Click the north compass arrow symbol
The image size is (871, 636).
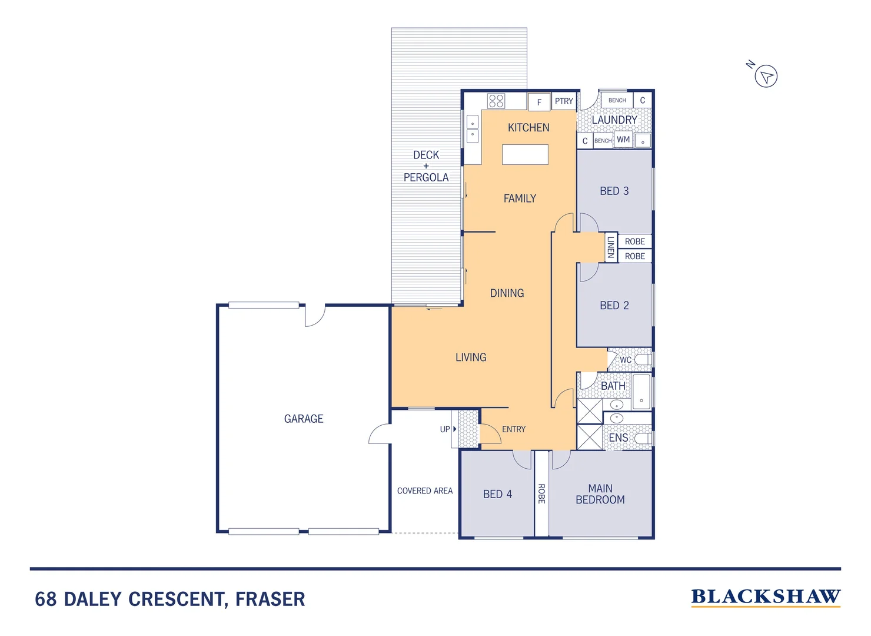pyautogui.click(x=766, y=76)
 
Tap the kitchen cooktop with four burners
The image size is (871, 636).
pyautogui.click(x=496, y=101)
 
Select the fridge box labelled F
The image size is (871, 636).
pyautogui.click(x=538, y=102)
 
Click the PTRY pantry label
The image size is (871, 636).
pyautogui.click(x=564, y=101)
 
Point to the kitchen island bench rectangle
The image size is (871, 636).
pyautogui.click(x=525, y=154)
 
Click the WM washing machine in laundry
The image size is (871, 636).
pyautogui.click(x=623, y=140)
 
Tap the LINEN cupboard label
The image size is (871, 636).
pyautogui.click(x=611, y=247)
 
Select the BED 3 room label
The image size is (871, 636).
pyautogui.click(x=614, y=191)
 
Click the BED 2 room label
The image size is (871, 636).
pyautogui.click(x=614, y=306)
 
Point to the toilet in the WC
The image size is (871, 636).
pyautogui.click(x=643, y=359)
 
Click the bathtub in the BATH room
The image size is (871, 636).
pyautogui.click(x=641, y=392)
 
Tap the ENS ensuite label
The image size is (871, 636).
pyautogui.click(x=618, y=438)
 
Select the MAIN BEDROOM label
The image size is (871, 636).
pyautogui.click(x=600, y=494)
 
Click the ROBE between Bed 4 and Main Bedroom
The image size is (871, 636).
pyautogui.click(x=541, y=493)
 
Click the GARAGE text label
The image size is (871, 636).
pyautogui.click(x=304, y=419)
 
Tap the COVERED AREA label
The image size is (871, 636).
pyautogui.click(x=424, y=491)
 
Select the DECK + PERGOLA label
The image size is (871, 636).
pyautogui.click(x=426, y=166)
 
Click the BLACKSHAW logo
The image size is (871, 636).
pyautogui.click(x=765, y=597)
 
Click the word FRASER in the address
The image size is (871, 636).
pyautogui.click(x=270, y=599)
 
